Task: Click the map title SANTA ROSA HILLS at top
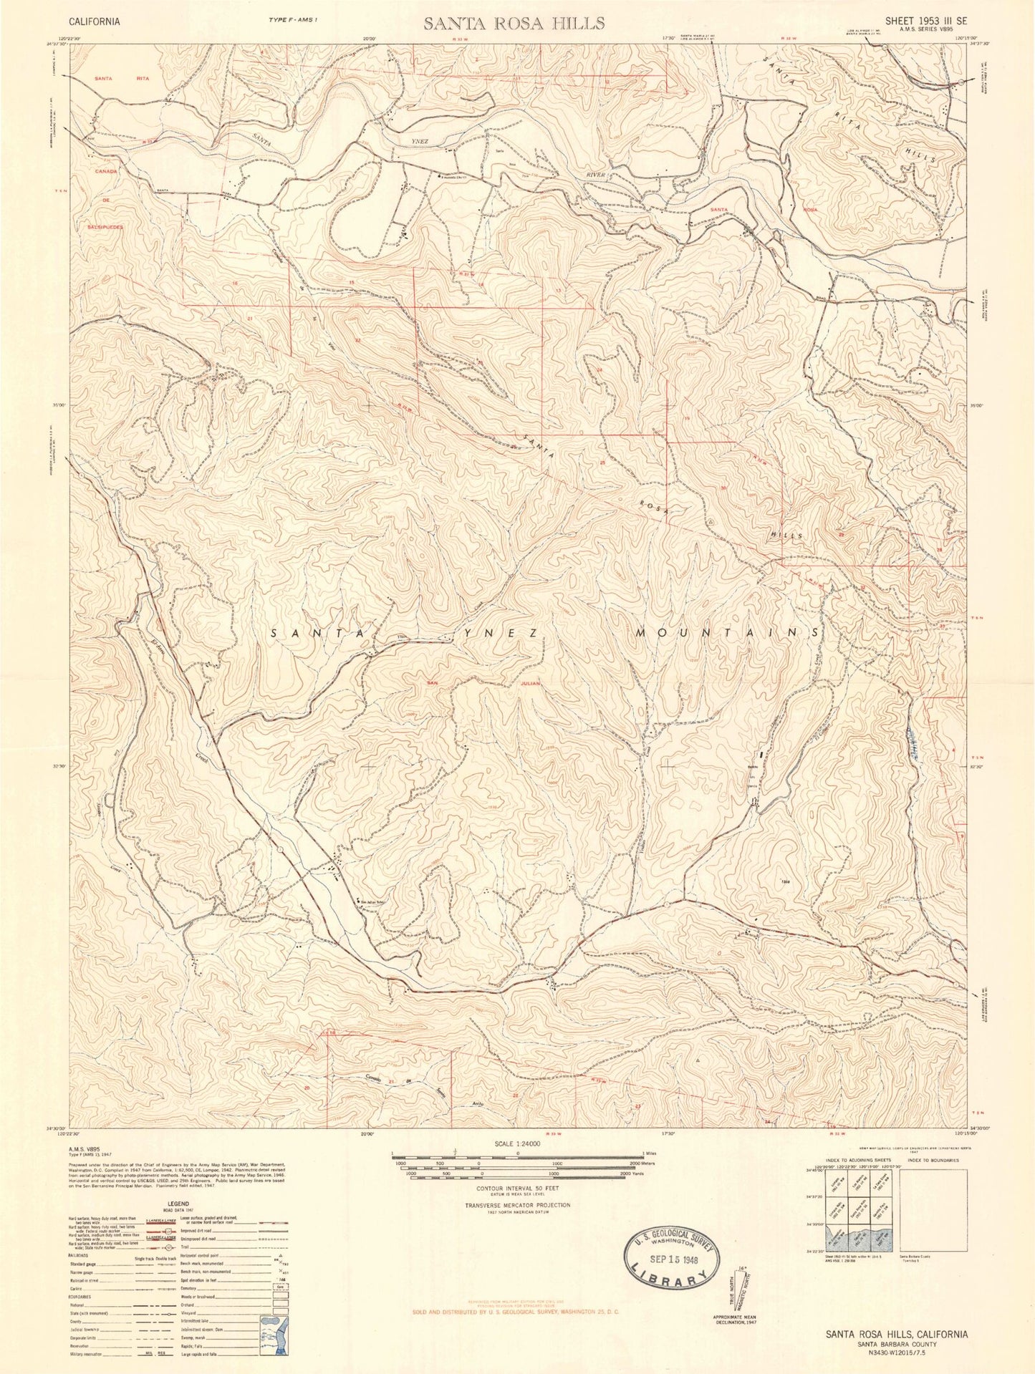tap(514, 22)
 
